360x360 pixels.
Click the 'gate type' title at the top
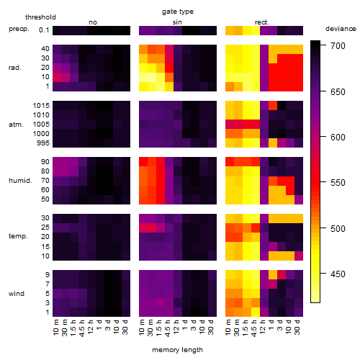[178, 12]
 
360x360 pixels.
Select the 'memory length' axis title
[177, 350]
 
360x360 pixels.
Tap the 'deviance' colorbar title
[341, 29]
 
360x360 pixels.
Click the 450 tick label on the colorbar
[338, 274]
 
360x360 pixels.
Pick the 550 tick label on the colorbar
[338, 183]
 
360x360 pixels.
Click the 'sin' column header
[177, 22]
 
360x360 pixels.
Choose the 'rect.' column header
[262, 22]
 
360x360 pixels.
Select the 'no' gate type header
[93, 22]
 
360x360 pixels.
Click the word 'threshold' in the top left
[40, 17]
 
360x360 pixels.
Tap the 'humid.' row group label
[20, 181]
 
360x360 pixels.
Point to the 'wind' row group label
[17, 294]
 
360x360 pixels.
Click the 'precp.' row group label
[19, 30]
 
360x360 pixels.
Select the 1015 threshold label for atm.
[41, 106]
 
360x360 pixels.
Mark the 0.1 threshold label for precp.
[44, 30]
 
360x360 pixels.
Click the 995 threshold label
[43, 143]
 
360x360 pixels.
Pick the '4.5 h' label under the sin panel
[168, 328]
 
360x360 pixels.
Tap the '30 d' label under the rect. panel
[297, 327]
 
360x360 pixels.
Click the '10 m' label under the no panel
[56, 327]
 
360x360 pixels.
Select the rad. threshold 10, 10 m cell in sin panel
[143, 77]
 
